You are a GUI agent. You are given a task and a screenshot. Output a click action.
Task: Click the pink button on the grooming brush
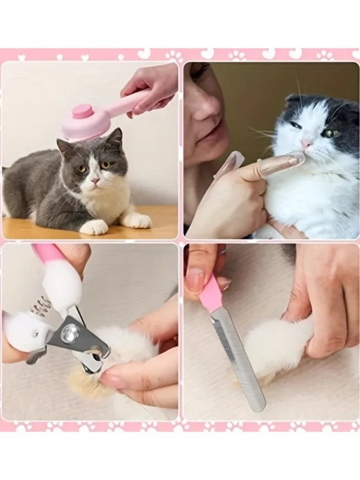point(83,111)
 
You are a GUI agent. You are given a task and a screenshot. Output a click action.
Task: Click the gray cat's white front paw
point(94,227)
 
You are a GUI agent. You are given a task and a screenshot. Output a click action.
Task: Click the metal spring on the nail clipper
point(42,306)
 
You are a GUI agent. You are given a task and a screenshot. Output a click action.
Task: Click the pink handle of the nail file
point(210,293)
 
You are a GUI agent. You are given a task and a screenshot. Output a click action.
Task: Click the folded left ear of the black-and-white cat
point(294,101)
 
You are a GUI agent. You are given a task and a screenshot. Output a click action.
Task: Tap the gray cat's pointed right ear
point(115,137)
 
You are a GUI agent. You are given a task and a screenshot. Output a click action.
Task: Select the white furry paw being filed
point(269,350)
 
